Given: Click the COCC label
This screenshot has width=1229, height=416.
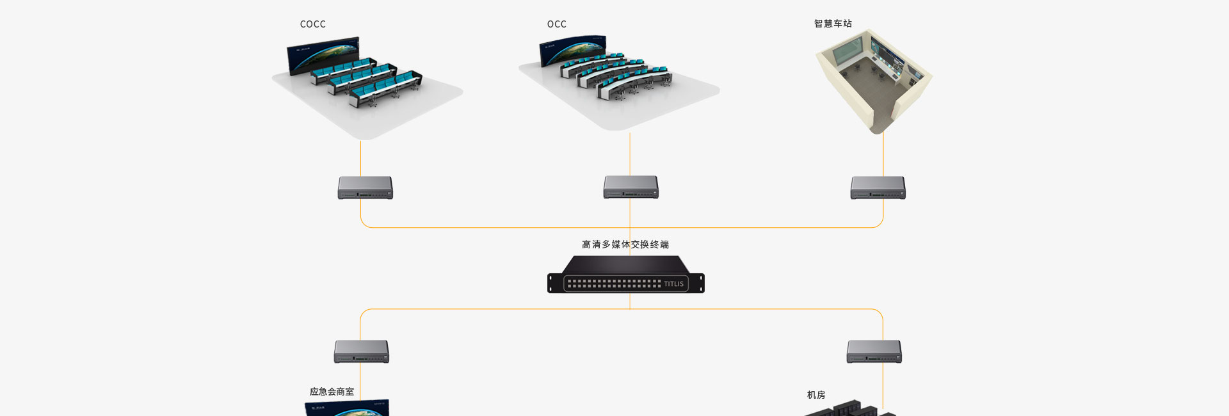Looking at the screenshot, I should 312,24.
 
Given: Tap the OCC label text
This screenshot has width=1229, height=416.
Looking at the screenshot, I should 556,24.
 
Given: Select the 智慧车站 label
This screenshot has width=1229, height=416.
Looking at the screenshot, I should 833,24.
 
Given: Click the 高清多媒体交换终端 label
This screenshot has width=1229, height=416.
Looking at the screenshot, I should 625,244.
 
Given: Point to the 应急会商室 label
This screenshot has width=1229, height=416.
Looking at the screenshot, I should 332,392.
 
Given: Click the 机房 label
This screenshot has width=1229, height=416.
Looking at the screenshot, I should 816,395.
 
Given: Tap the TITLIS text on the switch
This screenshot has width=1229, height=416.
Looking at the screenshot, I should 673,284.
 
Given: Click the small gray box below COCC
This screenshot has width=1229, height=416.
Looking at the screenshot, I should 365,188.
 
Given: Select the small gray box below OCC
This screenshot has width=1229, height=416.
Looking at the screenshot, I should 631,187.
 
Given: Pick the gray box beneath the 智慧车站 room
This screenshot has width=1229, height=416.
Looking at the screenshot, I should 878,188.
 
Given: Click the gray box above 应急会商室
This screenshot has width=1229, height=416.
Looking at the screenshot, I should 361,351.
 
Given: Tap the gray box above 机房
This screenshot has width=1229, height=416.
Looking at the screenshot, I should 874,351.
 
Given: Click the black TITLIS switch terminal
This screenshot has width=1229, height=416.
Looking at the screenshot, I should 625,275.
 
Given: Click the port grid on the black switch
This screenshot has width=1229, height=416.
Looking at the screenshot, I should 613,284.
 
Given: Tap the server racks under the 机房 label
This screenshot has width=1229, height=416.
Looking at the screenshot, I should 848,410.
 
